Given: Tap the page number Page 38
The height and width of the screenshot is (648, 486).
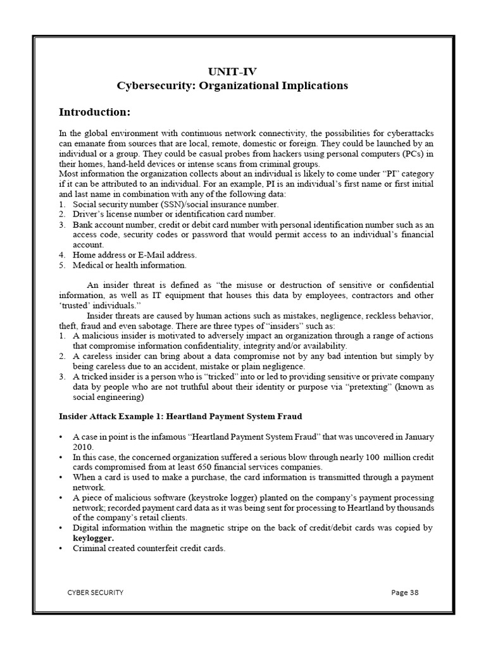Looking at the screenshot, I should pos(405,592).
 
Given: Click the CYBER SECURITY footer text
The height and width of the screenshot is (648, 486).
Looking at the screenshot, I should pos(96,592).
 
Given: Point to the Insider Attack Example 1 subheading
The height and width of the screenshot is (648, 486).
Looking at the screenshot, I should pos(180,416).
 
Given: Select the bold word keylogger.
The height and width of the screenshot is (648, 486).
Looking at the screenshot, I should pos(94,538).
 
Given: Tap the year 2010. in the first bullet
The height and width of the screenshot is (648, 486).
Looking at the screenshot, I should pos(83,446).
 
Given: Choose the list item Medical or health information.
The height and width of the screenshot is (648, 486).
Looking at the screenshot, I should pos(129,265).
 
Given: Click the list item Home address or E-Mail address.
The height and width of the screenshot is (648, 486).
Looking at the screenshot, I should pos(134,255).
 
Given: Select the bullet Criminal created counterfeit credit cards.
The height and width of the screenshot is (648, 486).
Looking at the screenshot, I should pos(149,548).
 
